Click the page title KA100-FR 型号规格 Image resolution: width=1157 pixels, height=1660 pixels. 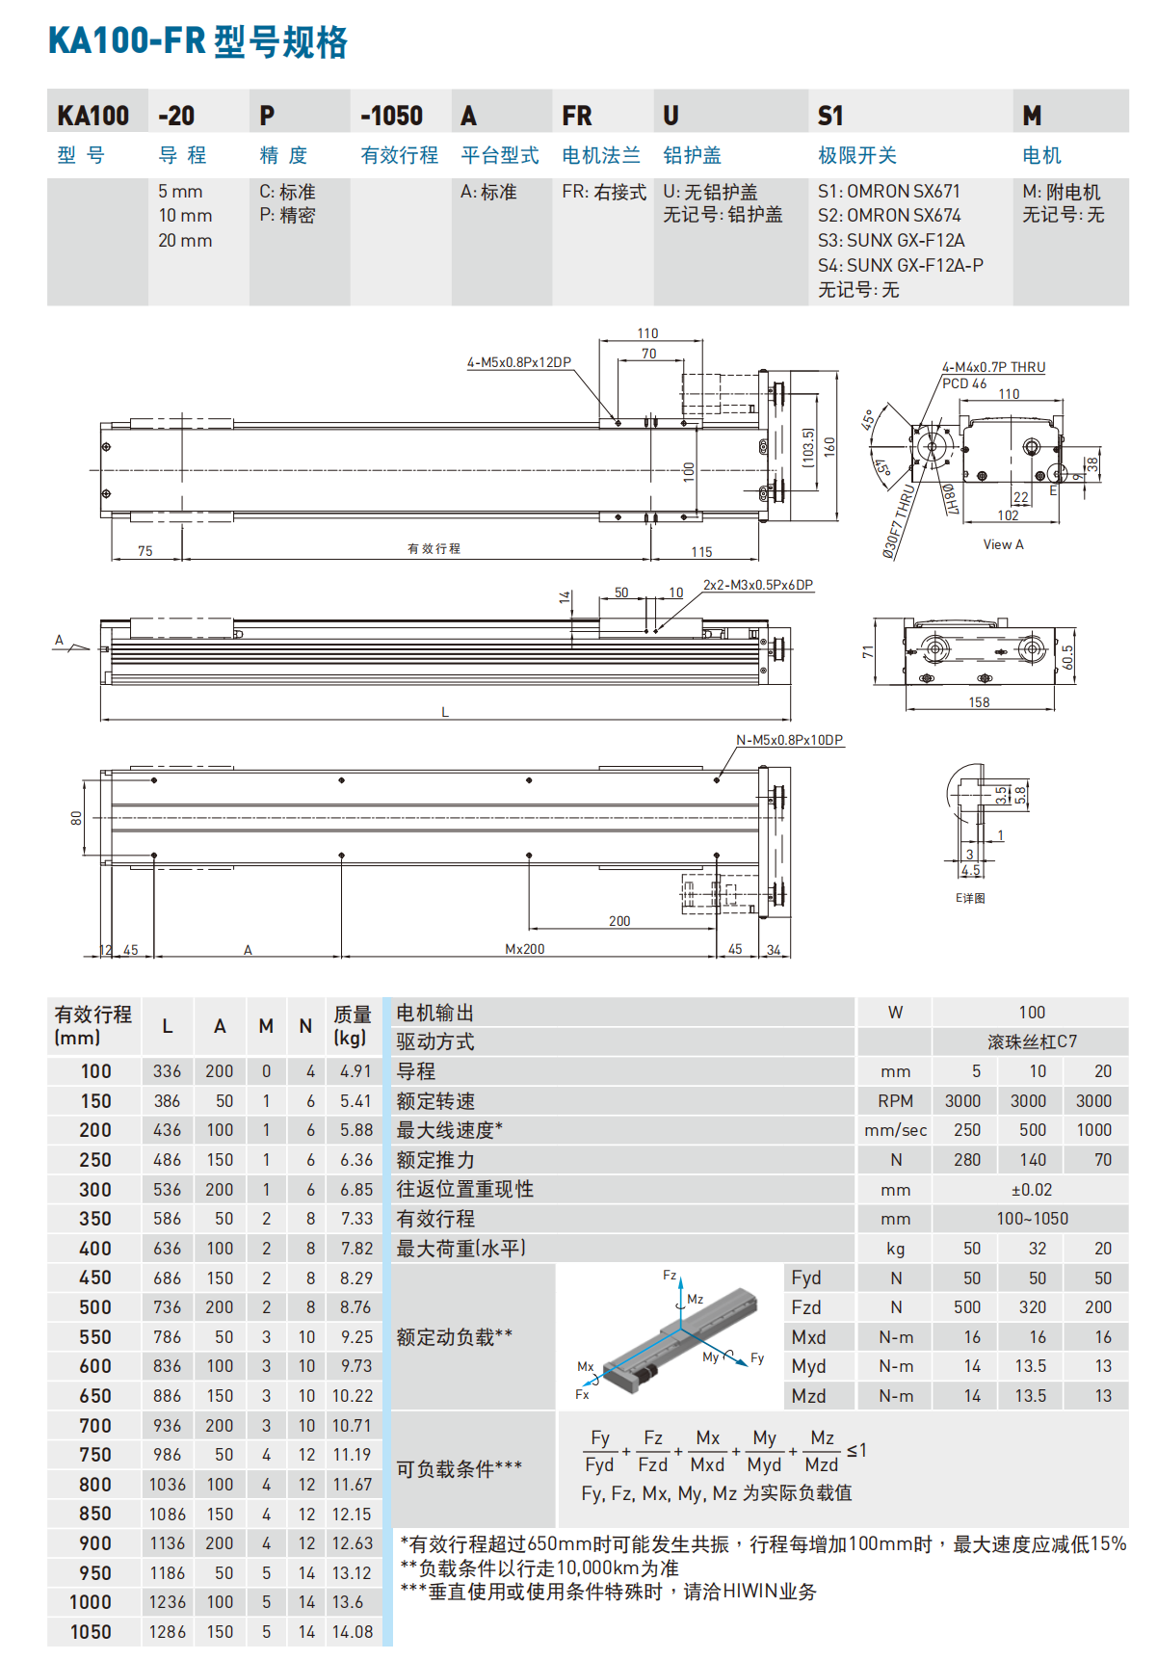[197, 41]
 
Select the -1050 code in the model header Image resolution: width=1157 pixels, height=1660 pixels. [391, 116]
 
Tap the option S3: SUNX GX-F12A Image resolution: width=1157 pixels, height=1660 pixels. [891, 240]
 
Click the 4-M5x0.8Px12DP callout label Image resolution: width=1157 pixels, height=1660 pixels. [518, 362]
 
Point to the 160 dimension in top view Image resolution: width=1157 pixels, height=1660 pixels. [829, 447]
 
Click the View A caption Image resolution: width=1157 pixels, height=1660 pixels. [1003, 544]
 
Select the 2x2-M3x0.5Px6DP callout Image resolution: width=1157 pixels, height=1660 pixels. [757, 585]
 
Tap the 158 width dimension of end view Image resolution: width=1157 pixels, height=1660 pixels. [979, 702]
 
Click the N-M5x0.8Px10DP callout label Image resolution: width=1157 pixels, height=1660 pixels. [789, 740]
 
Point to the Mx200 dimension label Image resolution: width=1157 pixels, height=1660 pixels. [524, 949]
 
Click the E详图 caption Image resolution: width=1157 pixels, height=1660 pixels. [970, 898]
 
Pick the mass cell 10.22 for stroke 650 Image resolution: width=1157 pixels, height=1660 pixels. [352, 1396]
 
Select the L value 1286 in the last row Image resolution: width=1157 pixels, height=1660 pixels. [167, 1632]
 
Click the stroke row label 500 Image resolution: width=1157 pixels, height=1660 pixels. [95, 1307]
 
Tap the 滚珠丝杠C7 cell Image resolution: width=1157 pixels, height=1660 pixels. [1032, 1041]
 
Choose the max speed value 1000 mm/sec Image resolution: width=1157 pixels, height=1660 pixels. [1093, 1130]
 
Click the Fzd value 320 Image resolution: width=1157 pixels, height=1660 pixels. [1032, 1307]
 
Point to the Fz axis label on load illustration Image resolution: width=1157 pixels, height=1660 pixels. [670, 1275]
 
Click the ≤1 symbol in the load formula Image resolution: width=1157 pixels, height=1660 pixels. [856, 1450]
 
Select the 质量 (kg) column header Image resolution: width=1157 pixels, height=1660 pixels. [352, 1025]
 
